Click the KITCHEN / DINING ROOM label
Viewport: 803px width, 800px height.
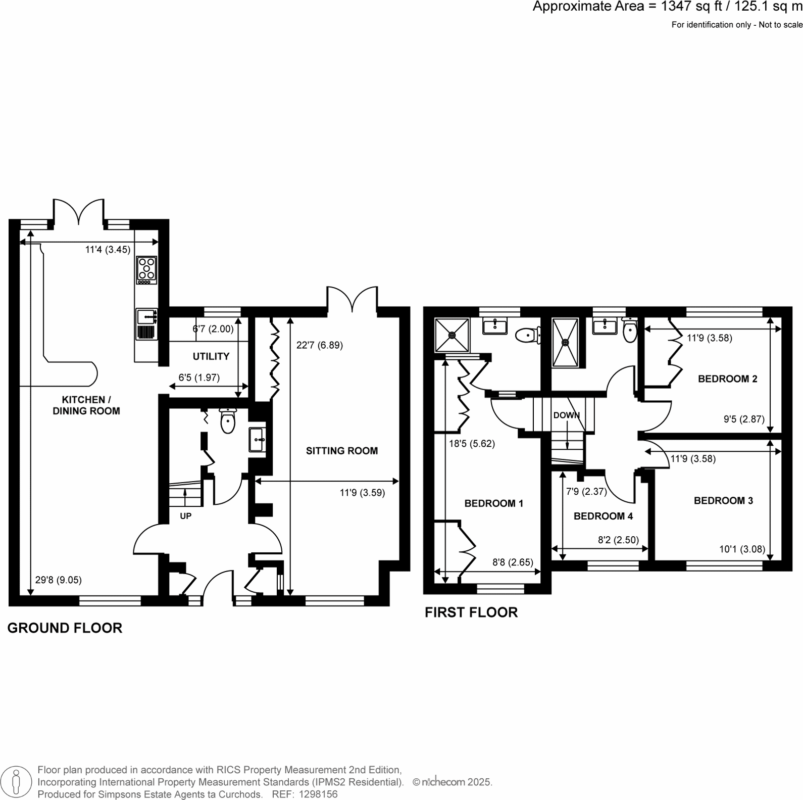coord(86,405)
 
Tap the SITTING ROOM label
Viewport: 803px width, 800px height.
coord(341,451)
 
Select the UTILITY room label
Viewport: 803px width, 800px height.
coord(211,356)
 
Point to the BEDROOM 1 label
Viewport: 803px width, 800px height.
coord(493,503)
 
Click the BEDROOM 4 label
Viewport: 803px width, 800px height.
coord(603,516)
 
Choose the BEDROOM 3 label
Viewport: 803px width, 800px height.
coord(723,501)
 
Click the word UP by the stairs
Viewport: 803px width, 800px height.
coord(185,516)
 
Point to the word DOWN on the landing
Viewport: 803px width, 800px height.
coord(566,415)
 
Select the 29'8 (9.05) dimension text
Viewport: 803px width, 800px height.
coord(58,580)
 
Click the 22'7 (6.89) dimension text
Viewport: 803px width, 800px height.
coord(319,346)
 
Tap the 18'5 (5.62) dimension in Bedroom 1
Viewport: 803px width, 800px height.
coord(472,444)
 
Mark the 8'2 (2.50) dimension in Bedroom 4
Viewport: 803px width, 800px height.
coord(618,540)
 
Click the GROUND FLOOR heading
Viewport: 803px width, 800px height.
coord(65,628)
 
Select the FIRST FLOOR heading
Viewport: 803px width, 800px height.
coord(471,613)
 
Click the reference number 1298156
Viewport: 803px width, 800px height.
coord(319,794)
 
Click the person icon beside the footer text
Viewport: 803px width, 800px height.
coord(16,782)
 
